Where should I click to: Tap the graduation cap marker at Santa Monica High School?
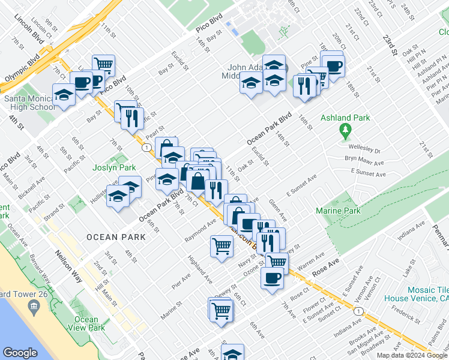[64, 95]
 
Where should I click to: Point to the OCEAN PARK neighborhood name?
[116, 237]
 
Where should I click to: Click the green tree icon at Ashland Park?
[345, 130]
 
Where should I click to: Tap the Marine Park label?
[339, 211]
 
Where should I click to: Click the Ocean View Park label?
[87, 323]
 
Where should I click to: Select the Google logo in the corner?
[20, 353]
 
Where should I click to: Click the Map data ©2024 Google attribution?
[412, 355]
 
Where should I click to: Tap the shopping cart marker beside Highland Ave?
[221, 245]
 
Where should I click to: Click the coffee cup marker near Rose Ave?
[272, 278]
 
